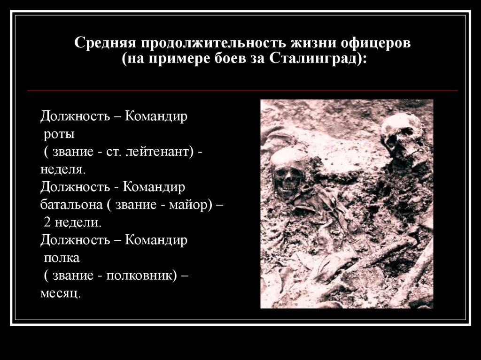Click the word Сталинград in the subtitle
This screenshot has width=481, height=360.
(x=312, y=59)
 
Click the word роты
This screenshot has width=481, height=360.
(x=59, y=135)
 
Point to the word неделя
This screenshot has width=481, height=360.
(x=62, y=170)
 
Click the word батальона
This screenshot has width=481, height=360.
(x=71, y=205)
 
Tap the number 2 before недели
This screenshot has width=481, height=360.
(x=47, y=222)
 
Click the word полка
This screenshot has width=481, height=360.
(x=62, y=258)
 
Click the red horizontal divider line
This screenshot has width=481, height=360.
(x=242, y=91)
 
